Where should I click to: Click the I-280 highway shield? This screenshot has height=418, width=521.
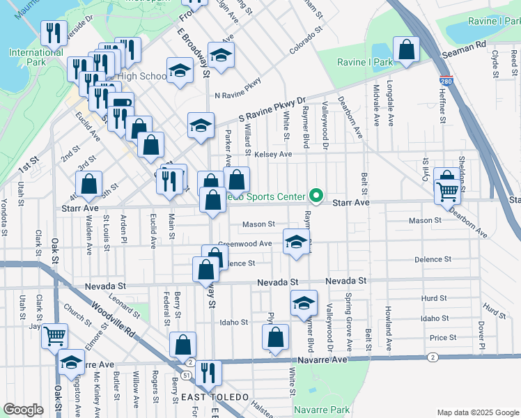pos(446,82)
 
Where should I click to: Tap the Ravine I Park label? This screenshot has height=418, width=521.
pos(365,63)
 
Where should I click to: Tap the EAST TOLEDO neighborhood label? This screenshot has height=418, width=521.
pos(215,397)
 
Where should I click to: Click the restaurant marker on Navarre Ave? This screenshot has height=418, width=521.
pos(208,373)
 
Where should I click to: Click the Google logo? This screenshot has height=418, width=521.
pos(23,410)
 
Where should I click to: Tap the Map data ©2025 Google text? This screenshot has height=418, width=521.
pos(477,412)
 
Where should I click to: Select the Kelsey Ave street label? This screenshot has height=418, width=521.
pos(273,154)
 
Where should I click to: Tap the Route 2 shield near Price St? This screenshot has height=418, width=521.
pos(433,357)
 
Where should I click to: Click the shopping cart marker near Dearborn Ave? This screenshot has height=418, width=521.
pos(447,189)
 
